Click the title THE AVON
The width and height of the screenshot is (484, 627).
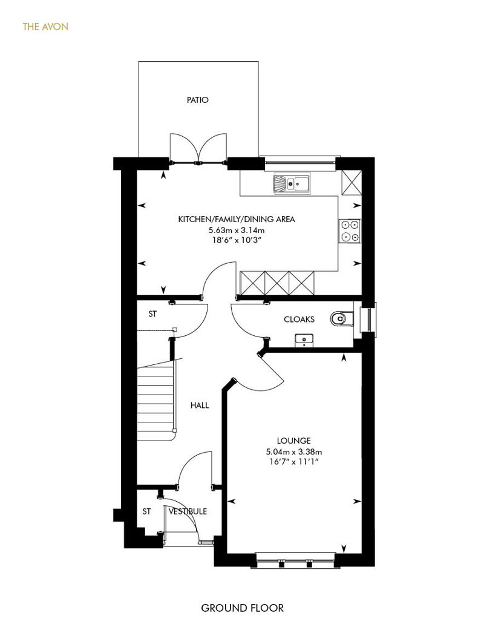45,27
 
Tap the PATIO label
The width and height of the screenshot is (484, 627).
198,100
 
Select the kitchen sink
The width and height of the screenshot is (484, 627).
292,183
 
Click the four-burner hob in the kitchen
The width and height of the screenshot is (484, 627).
350,231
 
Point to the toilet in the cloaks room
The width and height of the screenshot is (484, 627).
342,319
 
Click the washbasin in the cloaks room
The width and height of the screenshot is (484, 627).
304,340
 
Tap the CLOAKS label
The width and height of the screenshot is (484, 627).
299,319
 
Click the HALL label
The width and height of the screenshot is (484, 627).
200,405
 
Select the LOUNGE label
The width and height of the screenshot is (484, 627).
294,441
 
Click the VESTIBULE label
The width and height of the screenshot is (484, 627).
188,511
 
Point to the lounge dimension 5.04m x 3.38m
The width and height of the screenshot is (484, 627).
294,452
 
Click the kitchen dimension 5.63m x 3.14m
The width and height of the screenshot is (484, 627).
237,231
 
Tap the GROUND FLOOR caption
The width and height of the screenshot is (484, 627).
242,608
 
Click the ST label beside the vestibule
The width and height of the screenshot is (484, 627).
146,511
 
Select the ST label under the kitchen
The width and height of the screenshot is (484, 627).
152,314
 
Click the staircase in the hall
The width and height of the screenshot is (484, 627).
157,400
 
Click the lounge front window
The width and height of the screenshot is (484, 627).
295,559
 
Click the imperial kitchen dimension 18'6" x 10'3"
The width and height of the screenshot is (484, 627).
237,240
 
